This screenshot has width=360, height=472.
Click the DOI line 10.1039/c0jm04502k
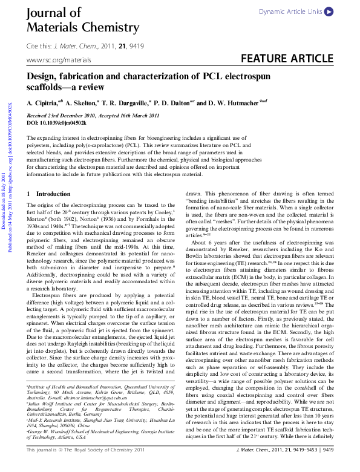[x=57, y=122]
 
